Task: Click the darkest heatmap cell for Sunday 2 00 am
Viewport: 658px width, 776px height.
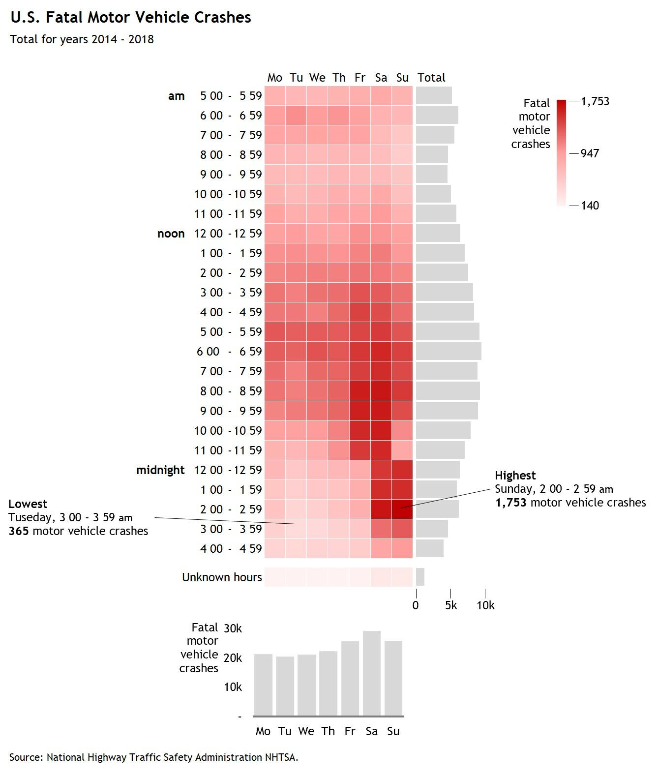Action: coord(402,509)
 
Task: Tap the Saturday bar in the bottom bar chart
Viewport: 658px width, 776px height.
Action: coord(372,674)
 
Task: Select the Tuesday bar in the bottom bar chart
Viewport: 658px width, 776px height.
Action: coord(285,686)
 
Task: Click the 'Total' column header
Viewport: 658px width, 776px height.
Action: coord(431,77)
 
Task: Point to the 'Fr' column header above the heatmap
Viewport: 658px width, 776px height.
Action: coord(360,77)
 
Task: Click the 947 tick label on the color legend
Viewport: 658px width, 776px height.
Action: coord(590,153)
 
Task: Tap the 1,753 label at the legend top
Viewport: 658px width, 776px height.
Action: coord(595,101)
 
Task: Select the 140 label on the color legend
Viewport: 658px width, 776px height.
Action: coord(590,206)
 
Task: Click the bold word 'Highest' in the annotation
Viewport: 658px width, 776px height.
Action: coord(515,476)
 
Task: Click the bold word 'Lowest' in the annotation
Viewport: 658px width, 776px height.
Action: coord(28,504)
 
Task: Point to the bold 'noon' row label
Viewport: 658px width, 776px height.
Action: coord(171,234)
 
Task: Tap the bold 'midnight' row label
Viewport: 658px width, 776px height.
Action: coord(160,470)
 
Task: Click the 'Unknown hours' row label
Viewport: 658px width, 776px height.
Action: coord(222,577)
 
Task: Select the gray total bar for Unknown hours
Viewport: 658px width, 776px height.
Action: coord(420,577)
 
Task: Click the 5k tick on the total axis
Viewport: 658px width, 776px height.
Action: coord(451,605)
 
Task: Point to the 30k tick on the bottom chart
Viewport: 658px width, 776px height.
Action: coord(233,628)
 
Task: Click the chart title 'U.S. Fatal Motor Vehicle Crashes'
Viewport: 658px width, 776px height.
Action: coord(131,18)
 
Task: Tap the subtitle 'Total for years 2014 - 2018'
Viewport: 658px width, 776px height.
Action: coord(82,39)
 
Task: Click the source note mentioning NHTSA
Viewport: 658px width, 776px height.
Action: coord(153,757)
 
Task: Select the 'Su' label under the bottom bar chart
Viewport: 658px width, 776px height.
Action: coord(393,731)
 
